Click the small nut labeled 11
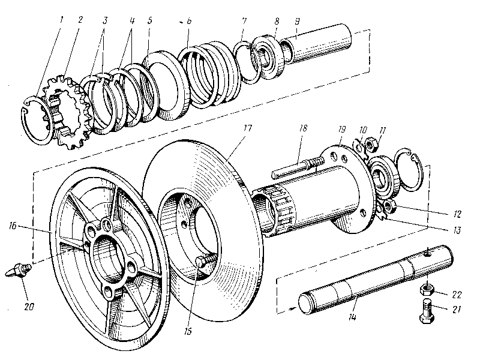coord(371,143)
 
